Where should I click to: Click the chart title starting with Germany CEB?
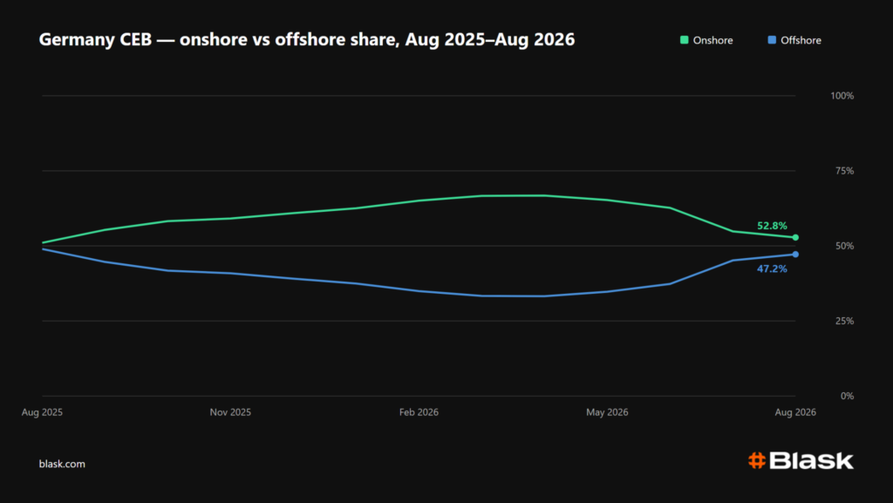point(307,40)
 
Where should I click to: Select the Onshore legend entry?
point(706,40)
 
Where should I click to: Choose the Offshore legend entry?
point(794,40)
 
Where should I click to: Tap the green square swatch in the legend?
point(684,40)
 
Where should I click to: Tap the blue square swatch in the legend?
point(772,40)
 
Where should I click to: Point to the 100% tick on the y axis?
point(842,96)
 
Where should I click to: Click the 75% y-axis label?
point(844,171)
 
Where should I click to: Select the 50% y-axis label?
point(844,246)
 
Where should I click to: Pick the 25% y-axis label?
point(844,321)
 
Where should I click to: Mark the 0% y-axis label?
point(847,396)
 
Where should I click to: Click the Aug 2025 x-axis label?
point(42,412)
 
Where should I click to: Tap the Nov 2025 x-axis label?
point(230,412)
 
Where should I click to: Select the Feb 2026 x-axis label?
point(419,412)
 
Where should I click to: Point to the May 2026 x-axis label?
point(607,412)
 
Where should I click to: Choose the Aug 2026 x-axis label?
point(795,412)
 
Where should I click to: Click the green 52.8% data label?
point(772,226)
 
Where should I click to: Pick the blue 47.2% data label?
point(772,268)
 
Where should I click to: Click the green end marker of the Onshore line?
point(795,237)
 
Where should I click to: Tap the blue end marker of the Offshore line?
point(795,255)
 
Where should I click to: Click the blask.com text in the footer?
point(62,464)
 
